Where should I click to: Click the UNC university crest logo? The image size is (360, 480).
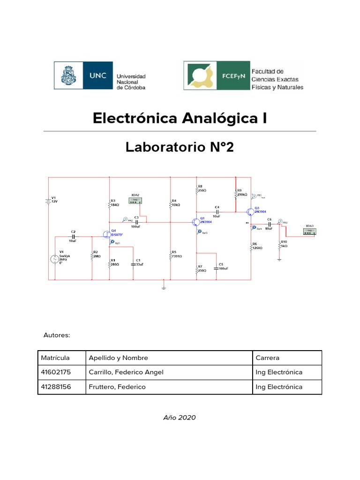66,75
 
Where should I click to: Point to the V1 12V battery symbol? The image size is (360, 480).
48,201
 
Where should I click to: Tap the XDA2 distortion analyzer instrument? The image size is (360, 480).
135,200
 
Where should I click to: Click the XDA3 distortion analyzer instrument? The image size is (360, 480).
309,231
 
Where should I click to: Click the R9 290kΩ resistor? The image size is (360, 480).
235,194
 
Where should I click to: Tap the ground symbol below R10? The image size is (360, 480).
279,258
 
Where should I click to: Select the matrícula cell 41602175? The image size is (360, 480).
54,372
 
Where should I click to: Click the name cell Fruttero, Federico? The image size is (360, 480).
117,387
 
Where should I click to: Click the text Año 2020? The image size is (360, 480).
180,418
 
